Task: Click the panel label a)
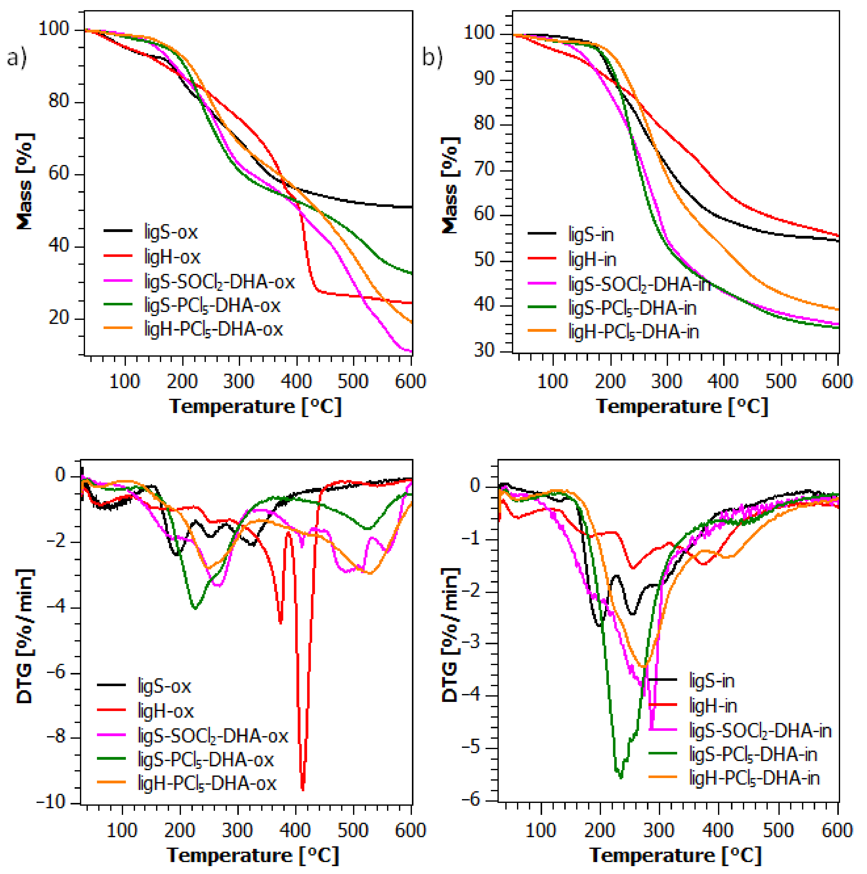click(x=17, y=58)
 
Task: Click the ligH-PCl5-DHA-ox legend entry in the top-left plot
click(x=213, y=329)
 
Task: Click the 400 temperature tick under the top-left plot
click(x=296, y=381)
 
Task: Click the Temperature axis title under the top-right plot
click(x=682, y=406)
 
